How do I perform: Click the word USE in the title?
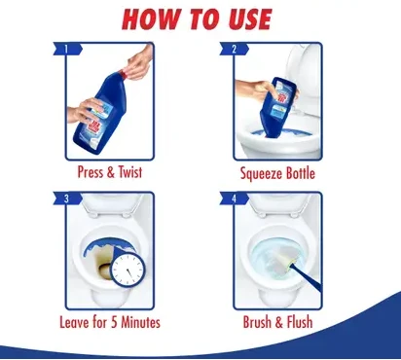(x=249, y=19)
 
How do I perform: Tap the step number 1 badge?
(x=67, y=49)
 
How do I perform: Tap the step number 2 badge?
(x=235, y=49)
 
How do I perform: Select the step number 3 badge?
(x=67, y=198)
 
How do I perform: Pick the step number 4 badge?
(x=235, y=198)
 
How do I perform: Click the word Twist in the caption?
(x=130, y=172)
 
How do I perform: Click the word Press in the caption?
(x=91, y=172)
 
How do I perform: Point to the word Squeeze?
(x=261, y=173)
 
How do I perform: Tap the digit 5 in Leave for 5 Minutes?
(x=114, y=322)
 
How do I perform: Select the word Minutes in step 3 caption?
(x=141, y=322)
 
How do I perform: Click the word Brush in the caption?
(x=257, y=322)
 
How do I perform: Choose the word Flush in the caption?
(x=300, y=322)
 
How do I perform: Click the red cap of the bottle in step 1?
(x=123, y=74)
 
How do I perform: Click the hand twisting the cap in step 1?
(x=140, y=63)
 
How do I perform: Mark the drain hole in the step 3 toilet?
(x=105, y=269)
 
